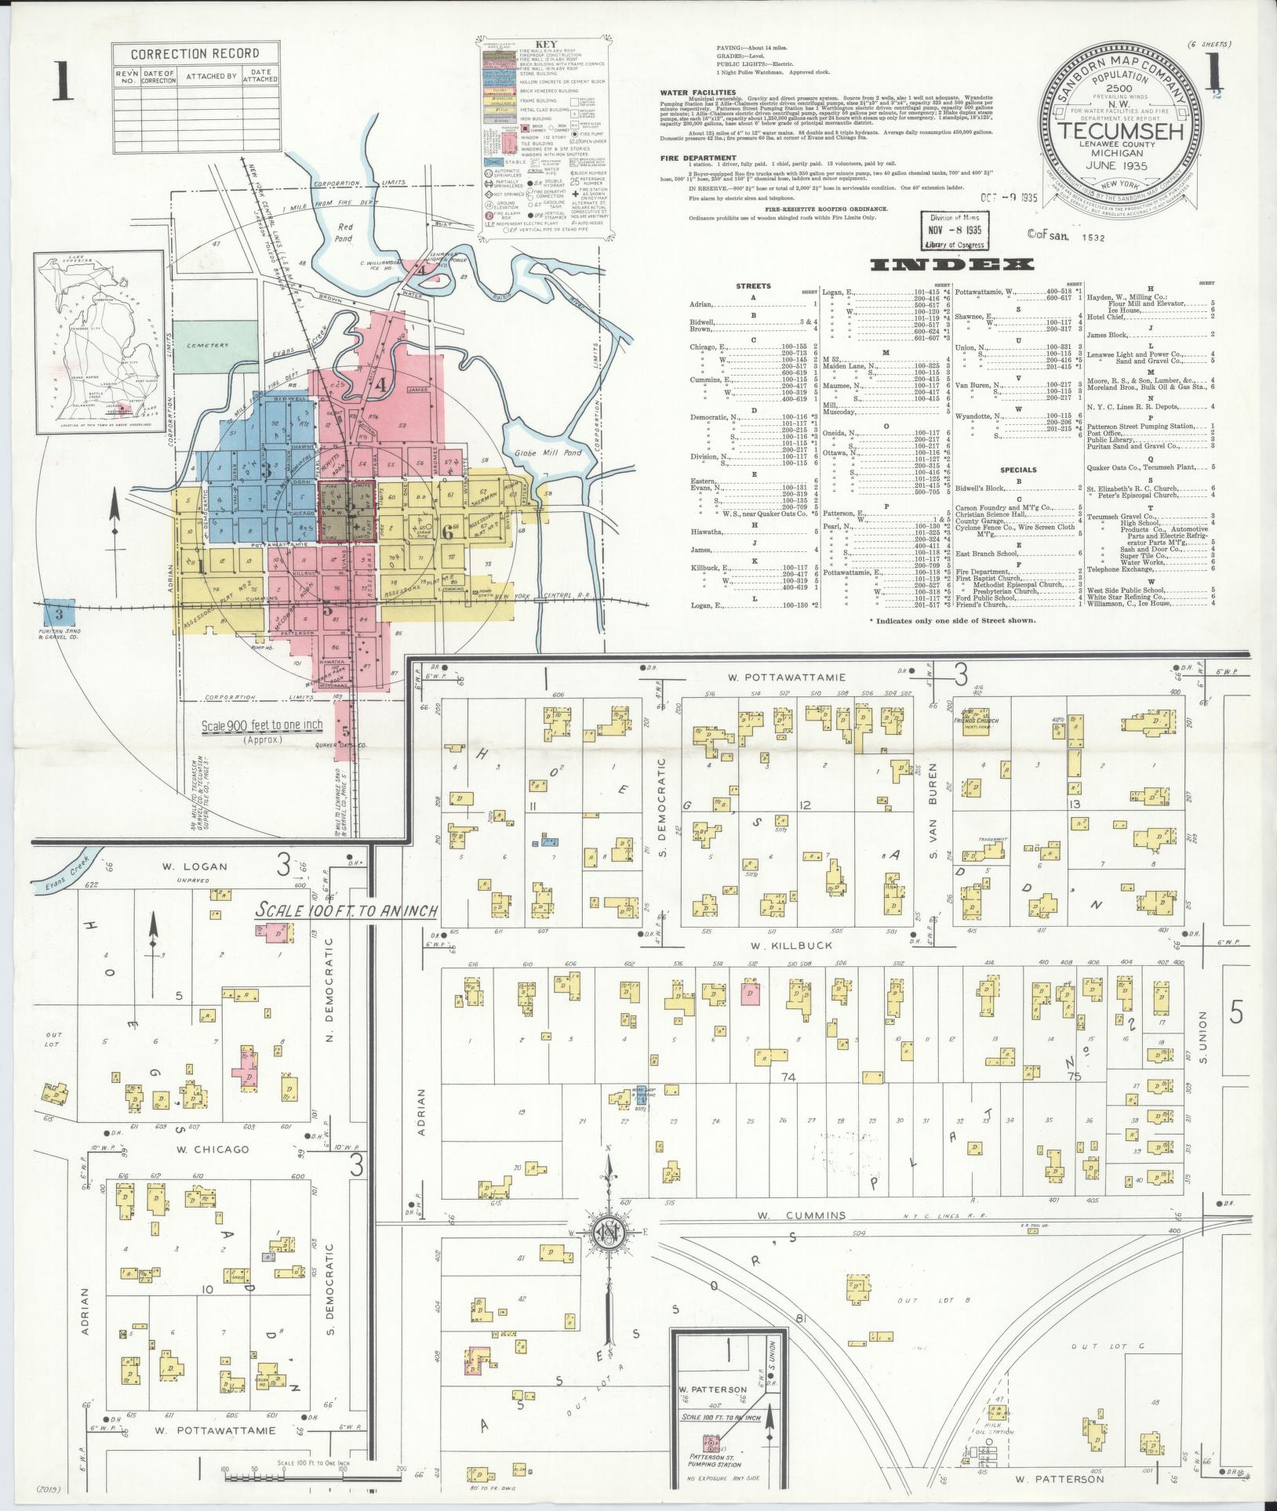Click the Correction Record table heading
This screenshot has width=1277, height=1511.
tap(195, 54)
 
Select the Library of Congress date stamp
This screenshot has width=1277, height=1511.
tap(955, 231)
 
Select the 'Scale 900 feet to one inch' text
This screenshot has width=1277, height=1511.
tap(261, 725)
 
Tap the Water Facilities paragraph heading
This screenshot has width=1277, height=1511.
tap(697, 93)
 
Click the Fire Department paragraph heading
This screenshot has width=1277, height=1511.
tap(698, 158)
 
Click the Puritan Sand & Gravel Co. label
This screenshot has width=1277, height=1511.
tap(60, 632)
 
